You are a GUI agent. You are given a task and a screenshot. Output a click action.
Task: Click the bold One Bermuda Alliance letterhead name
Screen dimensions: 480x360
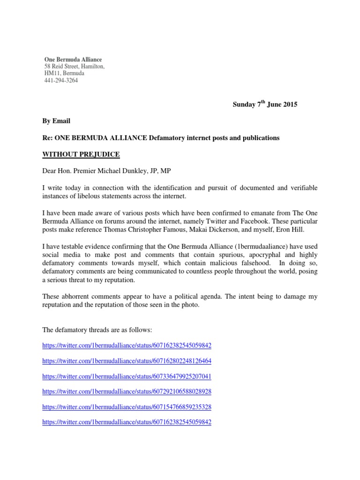click(73, 60)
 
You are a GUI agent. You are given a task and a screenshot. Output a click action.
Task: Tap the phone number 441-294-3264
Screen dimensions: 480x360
click(61, 80)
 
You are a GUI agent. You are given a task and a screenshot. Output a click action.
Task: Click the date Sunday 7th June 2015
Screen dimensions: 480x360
click(265, 105)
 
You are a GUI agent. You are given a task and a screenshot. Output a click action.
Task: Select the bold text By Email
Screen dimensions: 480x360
click(57, 121)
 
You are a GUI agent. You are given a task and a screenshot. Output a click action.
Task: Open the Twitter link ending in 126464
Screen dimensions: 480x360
click(127, 361)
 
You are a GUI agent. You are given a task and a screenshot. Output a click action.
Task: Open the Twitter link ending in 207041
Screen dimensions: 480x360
click(127, 376)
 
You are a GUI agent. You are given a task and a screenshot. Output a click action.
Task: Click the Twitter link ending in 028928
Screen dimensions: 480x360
click(127, 391)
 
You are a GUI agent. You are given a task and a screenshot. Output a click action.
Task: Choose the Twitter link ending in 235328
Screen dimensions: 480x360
click(127, 407)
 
